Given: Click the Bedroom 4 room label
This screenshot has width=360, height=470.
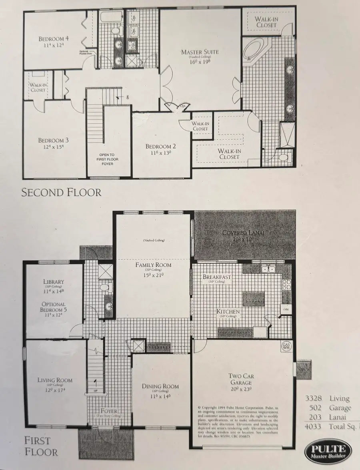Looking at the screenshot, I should [x=54, y=39].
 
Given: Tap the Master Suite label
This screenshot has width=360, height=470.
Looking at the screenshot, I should [x=200, y=52].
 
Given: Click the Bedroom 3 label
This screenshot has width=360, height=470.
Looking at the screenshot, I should [x=54, y=141].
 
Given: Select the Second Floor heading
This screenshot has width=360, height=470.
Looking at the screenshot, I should [x=61, y=192].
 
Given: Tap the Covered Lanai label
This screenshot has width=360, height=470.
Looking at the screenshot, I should [x=244, y=233].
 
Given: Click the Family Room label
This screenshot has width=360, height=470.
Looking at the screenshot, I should [x=153, y=265].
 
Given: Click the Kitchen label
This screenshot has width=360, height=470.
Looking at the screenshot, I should [x=228, y=311].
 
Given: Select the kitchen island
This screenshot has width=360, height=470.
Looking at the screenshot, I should [x=253, y=298].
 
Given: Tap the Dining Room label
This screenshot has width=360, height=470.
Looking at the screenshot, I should [x=160, y=386].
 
